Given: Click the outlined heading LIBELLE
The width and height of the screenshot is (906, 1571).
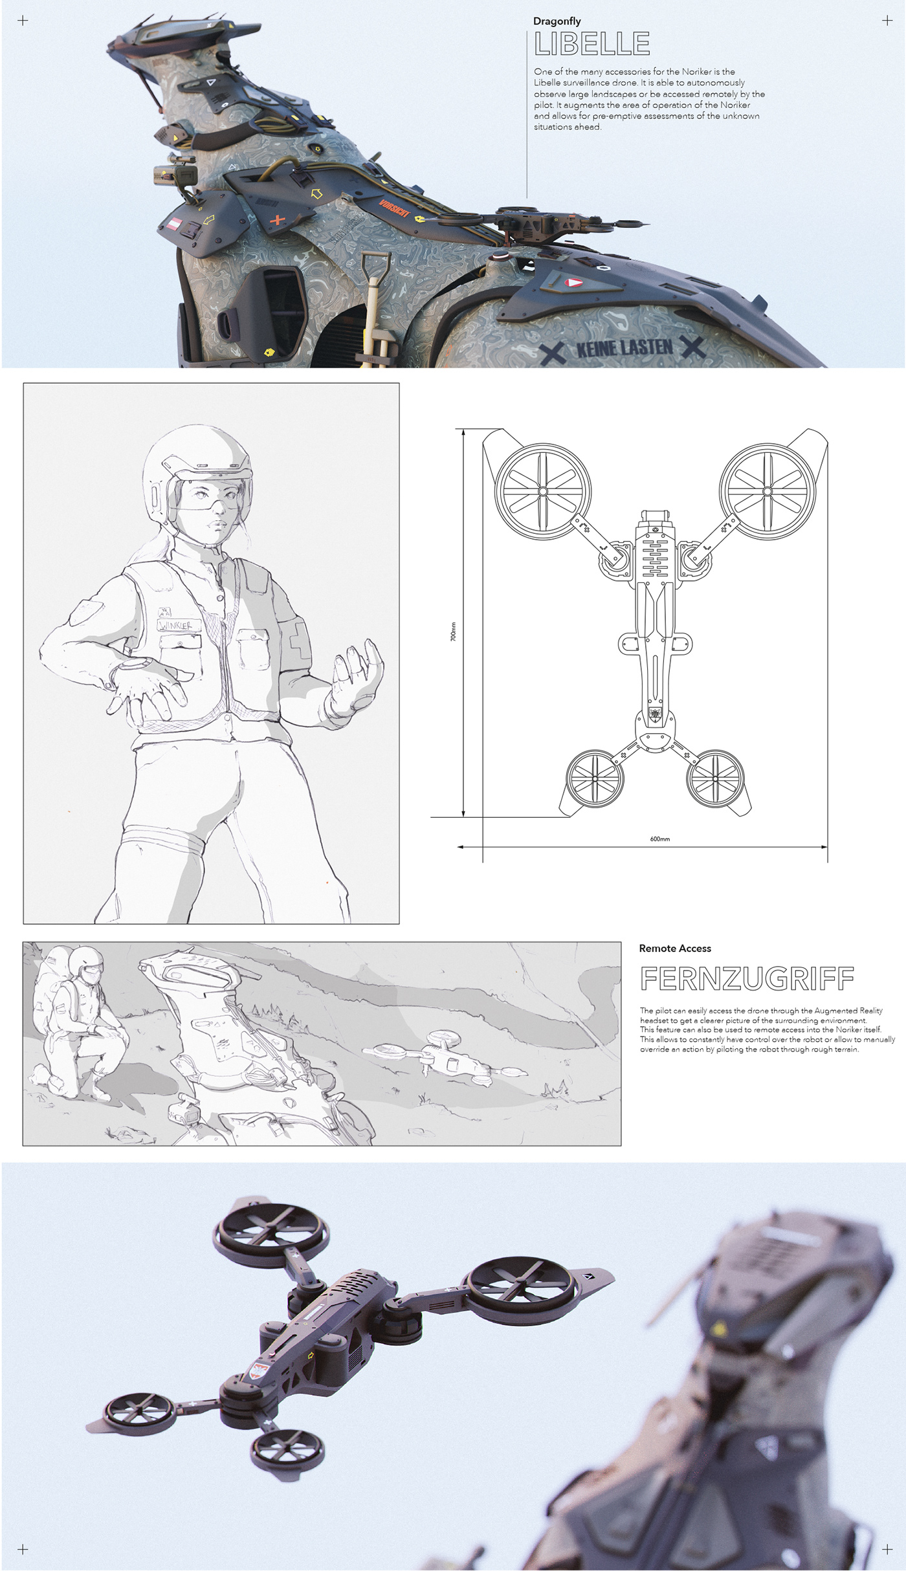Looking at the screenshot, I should tap(592, 44).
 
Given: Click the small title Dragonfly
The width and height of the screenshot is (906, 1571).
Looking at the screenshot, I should tap(557, 21).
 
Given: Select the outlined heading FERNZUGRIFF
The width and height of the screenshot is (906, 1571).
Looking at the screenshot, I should tap(747, 979).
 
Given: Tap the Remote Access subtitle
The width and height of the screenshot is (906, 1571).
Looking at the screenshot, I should tap(674, 949).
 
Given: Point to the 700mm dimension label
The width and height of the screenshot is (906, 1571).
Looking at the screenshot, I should tap(453, 632).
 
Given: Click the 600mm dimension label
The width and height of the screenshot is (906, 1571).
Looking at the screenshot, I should tap(659, 839).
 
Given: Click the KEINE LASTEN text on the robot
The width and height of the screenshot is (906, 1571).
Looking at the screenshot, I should tap(624, 348).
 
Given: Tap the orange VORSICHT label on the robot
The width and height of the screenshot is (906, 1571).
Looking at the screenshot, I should tap(395, 208).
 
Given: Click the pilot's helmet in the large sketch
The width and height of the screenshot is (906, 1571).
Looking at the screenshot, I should tap(194, 463).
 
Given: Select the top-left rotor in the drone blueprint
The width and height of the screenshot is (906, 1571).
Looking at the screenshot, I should tap(542, 491).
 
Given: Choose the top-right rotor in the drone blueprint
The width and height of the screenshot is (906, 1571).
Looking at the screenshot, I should tap(767, 491).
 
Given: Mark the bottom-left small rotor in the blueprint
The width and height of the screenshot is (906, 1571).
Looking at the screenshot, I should tap(594, 778).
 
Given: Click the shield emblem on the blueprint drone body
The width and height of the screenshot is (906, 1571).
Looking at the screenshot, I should tap(655, 714).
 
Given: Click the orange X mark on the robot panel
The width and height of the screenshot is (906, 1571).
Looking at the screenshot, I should tap(277, 220).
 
